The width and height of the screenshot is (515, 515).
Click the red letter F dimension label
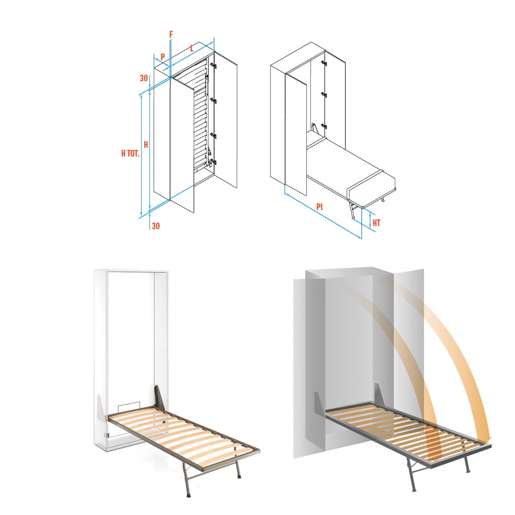point(171,35)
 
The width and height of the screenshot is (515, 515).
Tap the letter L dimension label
point(192,48)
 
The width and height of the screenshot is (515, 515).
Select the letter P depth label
point(163,57)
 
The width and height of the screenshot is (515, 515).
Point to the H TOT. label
point(130,153)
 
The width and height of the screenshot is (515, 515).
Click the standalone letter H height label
point(146,145)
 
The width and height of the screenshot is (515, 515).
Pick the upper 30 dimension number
point(144,78)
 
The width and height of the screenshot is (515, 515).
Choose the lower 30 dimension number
point(156,226)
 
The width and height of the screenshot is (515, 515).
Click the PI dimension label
point(319,207)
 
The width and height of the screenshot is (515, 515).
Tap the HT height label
point(376,224)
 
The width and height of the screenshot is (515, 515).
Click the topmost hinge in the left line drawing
point(213,66)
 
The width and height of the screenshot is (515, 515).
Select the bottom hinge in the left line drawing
point(213,162)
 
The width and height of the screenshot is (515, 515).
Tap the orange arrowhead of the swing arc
point(488,439)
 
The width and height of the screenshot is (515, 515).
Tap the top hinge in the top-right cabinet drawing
point(324,63)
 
